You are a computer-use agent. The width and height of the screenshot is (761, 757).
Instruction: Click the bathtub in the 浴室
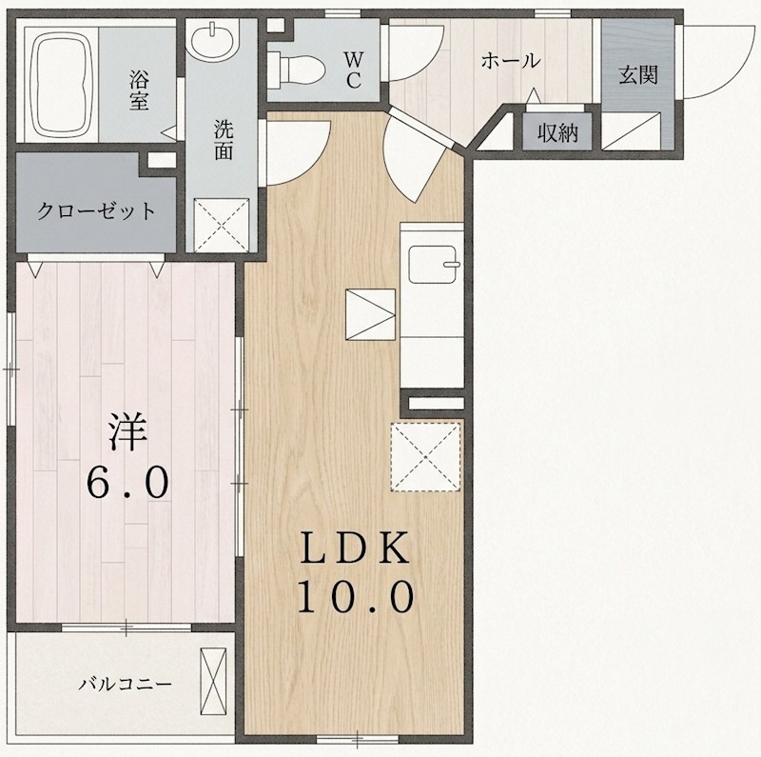61,85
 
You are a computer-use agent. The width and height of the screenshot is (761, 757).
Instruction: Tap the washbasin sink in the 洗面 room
212,40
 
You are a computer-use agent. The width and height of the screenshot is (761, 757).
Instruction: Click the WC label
354,70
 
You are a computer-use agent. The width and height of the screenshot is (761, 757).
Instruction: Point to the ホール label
511,61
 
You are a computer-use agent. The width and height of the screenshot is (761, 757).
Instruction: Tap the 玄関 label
638,75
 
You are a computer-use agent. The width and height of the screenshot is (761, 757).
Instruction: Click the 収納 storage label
558,132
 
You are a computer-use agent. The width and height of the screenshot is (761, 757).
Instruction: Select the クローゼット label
96,210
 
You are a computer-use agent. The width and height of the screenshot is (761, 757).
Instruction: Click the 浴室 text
139,90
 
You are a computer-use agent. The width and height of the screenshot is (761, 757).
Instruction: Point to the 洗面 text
224,140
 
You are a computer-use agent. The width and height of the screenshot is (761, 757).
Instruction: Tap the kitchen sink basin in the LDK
433,265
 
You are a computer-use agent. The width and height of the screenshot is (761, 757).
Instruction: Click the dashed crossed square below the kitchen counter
425,457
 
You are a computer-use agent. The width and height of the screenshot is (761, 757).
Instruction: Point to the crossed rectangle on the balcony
213,681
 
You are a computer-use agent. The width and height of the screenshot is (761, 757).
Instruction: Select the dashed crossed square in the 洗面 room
222,226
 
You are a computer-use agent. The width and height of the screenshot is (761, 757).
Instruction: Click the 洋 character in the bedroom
127,431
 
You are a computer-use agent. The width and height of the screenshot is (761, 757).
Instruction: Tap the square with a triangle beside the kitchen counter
370,314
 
